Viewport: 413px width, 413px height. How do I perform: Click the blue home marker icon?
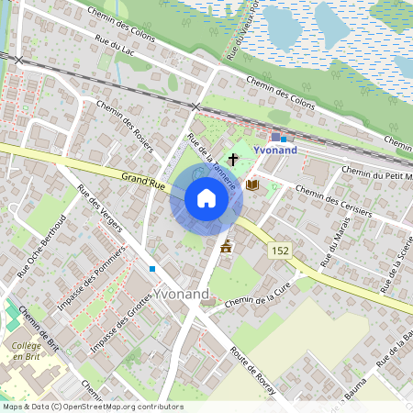(x=206, y=198)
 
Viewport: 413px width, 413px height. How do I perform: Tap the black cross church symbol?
(x=233, y=160)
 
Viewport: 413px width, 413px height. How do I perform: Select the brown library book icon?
(x=252, y=184)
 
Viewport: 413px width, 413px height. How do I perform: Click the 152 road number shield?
(x=281, y=250)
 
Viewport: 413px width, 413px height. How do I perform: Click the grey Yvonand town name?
(x=182, y=294)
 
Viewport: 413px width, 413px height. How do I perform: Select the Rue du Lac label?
(x=116, y=46)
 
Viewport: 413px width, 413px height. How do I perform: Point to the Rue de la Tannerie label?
(x=212, y=162)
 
